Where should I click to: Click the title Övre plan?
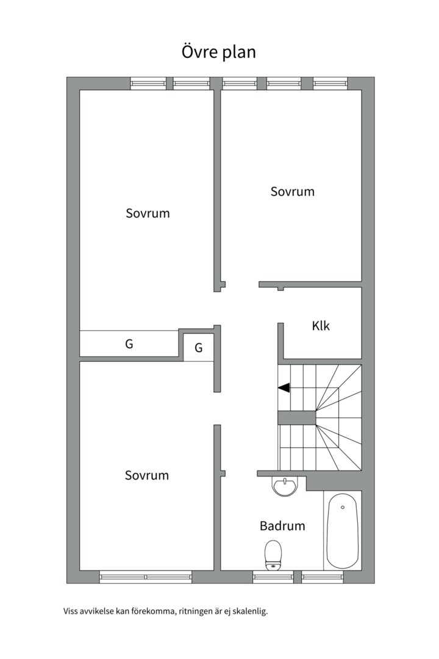pyautogui.click(x=218, y=52)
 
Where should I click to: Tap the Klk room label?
pyautogui.click(x=321, y=326)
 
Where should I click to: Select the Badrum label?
pyautogui.click(x=282, y=526)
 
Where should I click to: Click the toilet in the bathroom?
pyautogui.click(x=273, y=555)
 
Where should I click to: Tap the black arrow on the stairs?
pyautogui.click(x=284, y=388)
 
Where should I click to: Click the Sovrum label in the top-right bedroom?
pyautogui.click(x=293, y=192)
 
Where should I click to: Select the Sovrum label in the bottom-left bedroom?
pyautogui.click(x=147, y=475)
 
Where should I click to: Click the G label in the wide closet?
pyautogui.click(x=129, y=344)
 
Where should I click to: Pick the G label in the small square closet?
pyautogui.click(x=199, y=348)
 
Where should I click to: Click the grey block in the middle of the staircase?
pyautogui.click(x=296, y=418)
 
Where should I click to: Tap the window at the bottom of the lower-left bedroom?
pyautogui.click(x=146, y=577)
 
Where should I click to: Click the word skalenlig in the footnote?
pyautogui.click(x=252, y=611)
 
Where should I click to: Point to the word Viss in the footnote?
pyautogui.click(x=70, y=611)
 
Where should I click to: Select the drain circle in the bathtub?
pyautogui.click(x=343, y=507)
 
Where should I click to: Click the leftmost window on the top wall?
pyautogui.click(x=148, y=83)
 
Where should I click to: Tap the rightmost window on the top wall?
pyautogui.click(x=330, y=83)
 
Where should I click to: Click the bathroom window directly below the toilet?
pyautogui.click(x=273, y=577)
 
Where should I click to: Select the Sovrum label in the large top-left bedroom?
pyautogui.click(x=148, y=213)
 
